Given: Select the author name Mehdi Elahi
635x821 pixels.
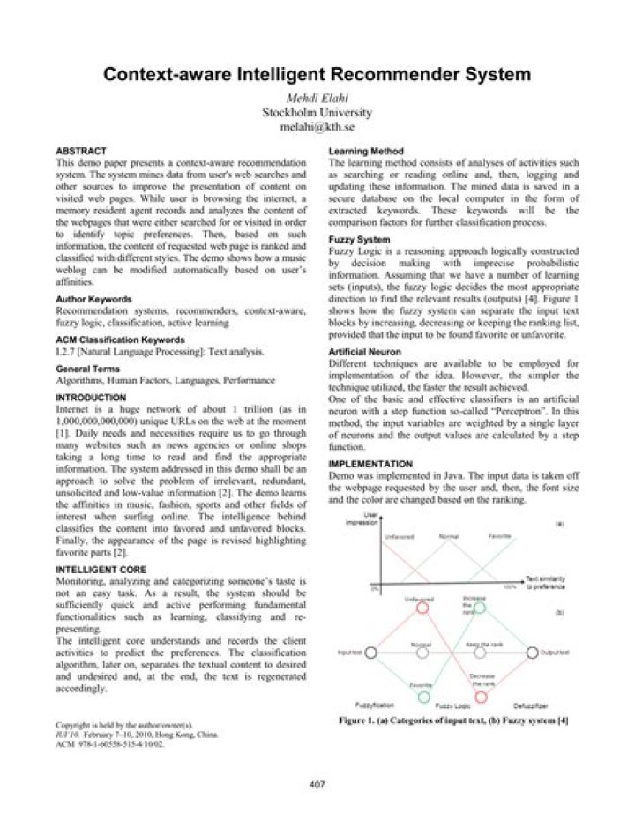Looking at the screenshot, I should pos(317,96).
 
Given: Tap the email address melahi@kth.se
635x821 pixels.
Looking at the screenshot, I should pos(317,127).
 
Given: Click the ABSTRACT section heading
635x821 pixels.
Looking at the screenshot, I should pos(81,152).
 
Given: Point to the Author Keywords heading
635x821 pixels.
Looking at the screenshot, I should pos(94,300).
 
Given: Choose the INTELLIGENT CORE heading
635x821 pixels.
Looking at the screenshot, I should pos(101,570).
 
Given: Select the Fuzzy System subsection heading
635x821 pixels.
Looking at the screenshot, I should pos(358,240).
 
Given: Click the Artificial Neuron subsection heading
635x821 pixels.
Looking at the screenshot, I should pos(366,351).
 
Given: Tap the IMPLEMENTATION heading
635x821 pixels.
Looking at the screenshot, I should pos(370,464).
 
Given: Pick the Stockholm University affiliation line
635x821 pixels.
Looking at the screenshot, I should pos(317,112).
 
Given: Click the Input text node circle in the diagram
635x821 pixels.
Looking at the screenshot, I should pos(372,653).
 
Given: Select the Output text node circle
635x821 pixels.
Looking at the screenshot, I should pos(532,653).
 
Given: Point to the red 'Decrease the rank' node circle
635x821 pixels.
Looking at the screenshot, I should pos(480,698).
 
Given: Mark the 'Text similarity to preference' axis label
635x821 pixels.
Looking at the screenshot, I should pos(551,583).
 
